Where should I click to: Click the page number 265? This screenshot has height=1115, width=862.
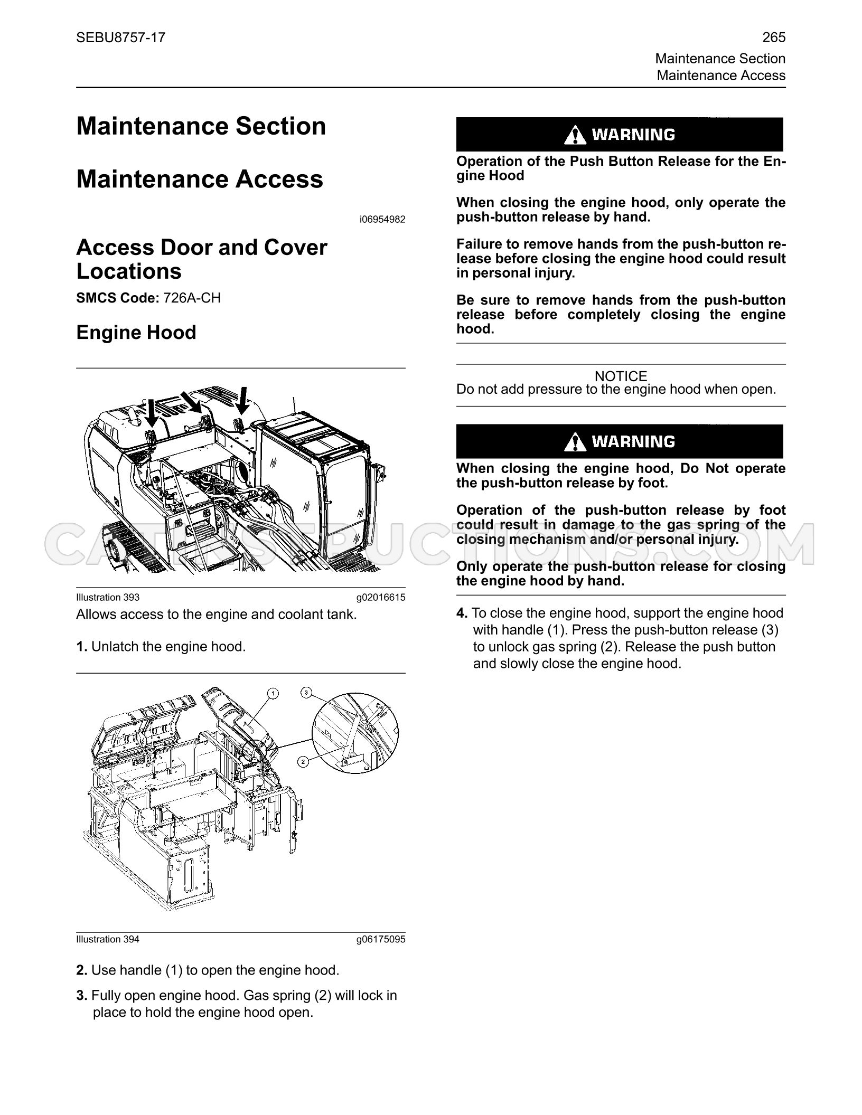tap(774, 37)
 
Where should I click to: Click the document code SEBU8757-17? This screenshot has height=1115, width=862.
tap(121, 37)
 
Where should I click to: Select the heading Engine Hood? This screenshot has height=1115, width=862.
tap(136, 333)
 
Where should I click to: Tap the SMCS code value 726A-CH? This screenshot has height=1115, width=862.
tap(192, 298)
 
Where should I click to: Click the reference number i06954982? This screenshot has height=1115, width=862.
tap(382, 219)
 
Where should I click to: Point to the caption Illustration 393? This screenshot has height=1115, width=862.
tap(108, 597)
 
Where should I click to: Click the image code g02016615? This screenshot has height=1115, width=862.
tap(381, 597)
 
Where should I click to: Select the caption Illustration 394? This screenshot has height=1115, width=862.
tap(108, 939)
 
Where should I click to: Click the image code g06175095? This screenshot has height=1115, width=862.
tap(381, 939)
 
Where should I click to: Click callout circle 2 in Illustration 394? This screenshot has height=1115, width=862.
tap(303, 761)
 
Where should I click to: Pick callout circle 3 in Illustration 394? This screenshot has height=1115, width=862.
tap(306, 693)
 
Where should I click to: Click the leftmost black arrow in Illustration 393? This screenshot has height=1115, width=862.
tap(152, 412)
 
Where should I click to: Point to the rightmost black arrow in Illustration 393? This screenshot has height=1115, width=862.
tap(242, 400)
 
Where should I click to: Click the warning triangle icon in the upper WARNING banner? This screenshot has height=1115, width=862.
tap(575, 135)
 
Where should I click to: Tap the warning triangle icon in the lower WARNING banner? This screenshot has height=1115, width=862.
tap(575, 442)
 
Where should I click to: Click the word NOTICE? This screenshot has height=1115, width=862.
tap(621, 376)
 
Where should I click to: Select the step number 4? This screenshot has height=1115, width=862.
tap(462, 613)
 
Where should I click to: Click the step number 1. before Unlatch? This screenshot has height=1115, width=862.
tap(82, 647)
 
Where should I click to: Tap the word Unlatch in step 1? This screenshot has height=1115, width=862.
tap(111, 647)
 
